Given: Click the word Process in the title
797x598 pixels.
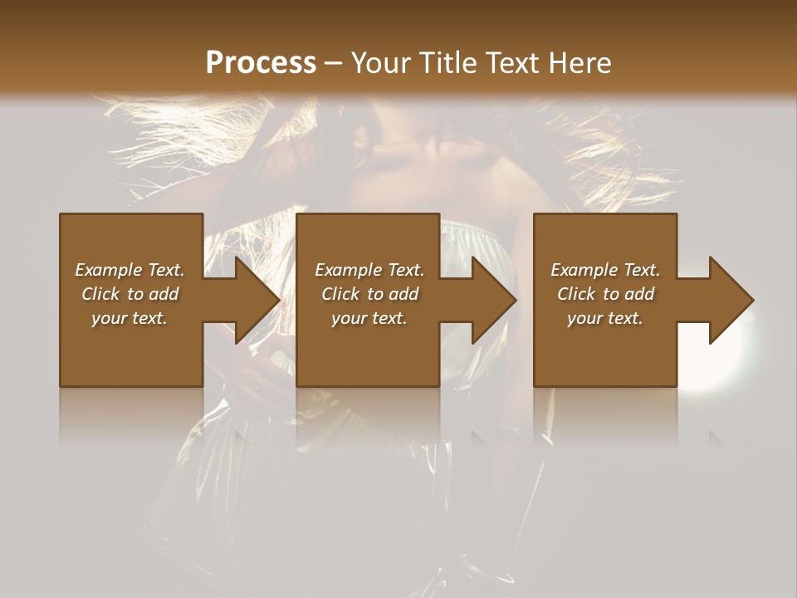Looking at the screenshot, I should (x=261, y=63).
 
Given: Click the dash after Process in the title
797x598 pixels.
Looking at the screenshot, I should (x=334, y=63).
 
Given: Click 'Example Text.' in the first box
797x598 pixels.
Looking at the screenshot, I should (x=130, y=270).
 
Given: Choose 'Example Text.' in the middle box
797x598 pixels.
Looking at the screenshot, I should (x=369, y=270).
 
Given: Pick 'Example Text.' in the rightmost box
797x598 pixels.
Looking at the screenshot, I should (x=605, y=270).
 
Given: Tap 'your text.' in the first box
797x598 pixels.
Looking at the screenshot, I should (x=130, y=318).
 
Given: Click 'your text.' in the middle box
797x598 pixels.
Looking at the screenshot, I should (x=369, y=318).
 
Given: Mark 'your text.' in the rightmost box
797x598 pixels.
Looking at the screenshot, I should (x=605, y=318).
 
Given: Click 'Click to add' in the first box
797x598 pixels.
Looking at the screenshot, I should (x=130, y=294).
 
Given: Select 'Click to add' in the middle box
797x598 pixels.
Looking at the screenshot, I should (x=369, y=294).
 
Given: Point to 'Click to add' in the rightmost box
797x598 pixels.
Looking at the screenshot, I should (x=605, y=294).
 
